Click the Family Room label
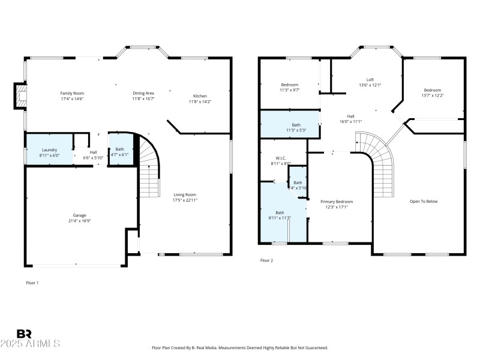[72, 93]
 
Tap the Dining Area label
[143, 93]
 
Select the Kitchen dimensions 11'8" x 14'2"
[200, 102]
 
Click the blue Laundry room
[49, 149]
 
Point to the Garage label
[80, 215]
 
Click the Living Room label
[185, 194]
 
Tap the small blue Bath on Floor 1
[120, 152]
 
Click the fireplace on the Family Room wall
[21, 97]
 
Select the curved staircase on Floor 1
[151, 168]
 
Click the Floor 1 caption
[32, 282]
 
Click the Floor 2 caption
[266, 260]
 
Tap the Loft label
[370, 80]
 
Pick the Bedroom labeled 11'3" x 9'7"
[289, 87]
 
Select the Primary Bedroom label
[336, 202]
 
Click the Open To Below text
[424, 201]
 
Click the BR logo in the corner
[24, 334]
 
